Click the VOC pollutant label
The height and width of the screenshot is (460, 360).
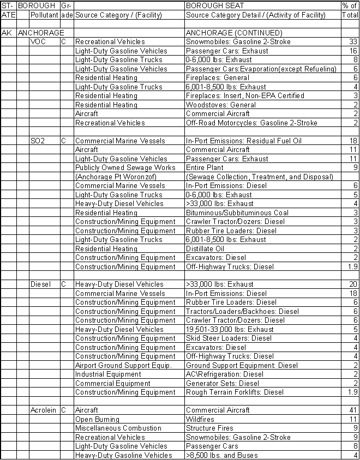pos(38,42)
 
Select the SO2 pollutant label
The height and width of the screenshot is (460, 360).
pos(38,141)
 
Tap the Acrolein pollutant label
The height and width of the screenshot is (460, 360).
pos(43,410)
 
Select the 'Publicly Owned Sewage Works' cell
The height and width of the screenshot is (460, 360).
pos(125,168)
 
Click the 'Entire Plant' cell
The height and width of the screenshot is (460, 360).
pos(205,168)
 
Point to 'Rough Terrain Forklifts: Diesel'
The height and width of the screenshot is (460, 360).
pos(235,392)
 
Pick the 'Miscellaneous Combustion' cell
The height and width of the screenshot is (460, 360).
pos(118,428)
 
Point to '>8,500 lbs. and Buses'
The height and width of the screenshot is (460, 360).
pos(221,456)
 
